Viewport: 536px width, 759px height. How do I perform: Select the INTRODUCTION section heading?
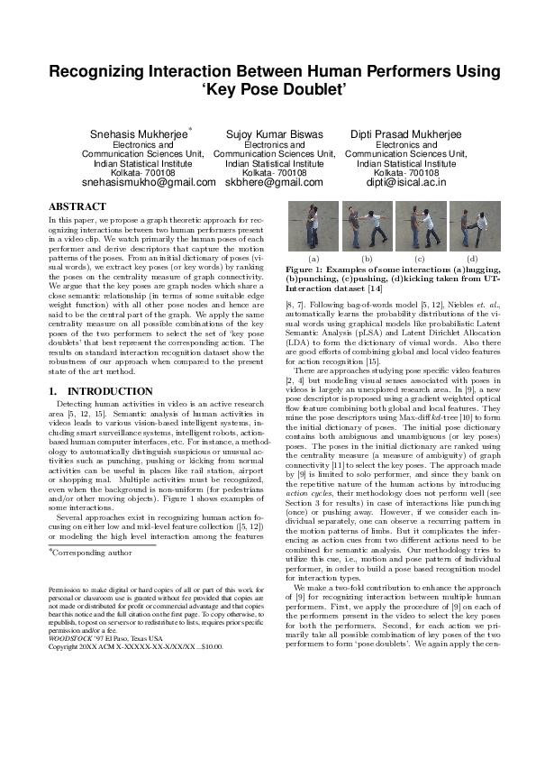(93, 366)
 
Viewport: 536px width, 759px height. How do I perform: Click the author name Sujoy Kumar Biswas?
(274, 134)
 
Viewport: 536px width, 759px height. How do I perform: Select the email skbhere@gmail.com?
(274, 182)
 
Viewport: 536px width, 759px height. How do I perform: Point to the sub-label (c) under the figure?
(420, 259)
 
